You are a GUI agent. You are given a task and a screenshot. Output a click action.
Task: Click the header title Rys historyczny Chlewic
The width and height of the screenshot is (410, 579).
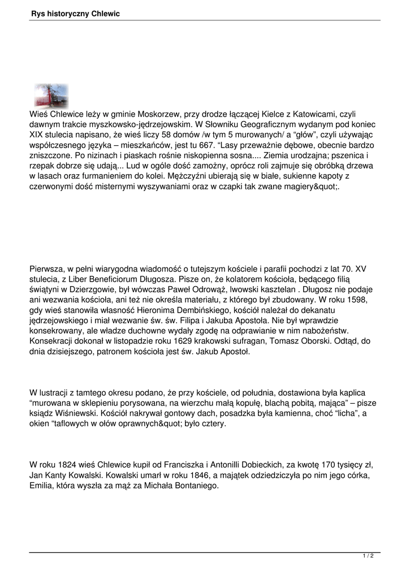tap(75, 14)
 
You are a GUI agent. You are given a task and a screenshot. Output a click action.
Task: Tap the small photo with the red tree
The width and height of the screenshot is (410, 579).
tap(51, 96)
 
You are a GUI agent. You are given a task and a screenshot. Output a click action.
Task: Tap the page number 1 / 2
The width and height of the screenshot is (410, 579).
tap(368, 556)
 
